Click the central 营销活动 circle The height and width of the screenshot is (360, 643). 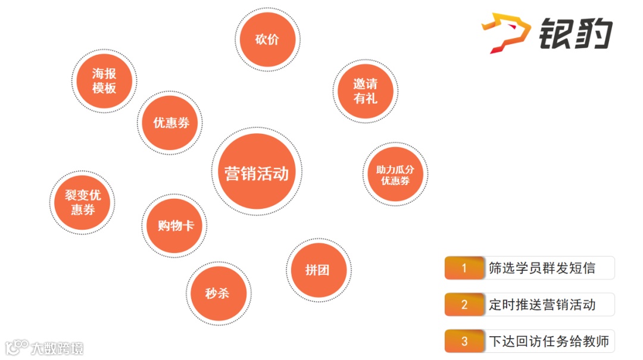(x=257, y=172)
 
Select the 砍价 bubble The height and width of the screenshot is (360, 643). (x=267, y=40)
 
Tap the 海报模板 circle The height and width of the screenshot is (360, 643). (x=104, y=81)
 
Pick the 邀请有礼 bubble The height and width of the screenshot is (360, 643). (x=365, y=91)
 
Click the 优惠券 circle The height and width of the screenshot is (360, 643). (x=170, y=123)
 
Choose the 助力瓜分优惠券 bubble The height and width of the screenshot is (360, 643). (x=395, y=174)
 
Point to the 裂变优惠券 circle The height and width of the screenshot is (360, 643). (x=82, y=202)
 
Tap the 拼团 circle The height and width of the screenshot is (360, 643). (x=318, y=270)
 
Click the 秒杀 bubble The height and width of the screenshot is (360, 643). (x=218, y=293)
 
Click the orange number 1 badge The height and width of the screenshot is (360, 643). (x=464, y=268)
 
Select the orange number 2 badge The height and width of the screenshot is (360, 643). (x=464, y=305)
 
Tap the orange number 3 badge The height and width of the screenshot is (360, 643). (x=464, y=342)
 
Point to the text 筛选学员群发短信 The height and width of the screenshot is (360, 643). (x=542, y=268)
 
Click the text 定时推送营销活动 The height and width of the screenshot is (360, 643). (x=542, y=305)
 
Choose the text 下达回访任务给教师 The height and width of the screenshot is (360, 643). (x=548, y=342)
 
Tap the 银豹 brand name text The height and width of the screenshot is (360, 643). (x=576, y=34)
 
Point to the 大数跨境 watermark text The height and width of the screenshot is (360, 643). (x=58, y=348)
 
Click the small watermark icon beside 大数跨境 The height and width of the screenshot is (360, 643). (x=17, y=346)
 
